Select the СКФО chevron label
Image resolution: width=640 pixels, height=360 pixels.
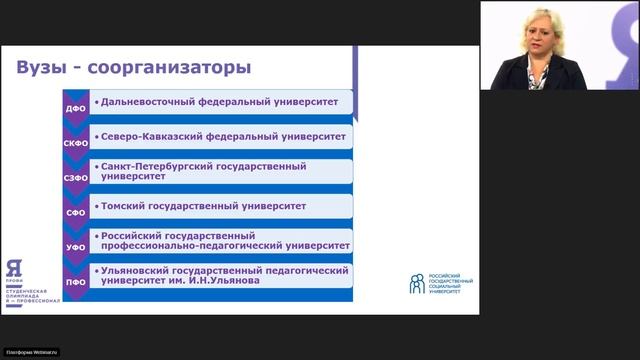[75, 142]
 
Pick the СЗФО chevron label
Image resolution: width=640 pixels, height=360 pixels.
[75, 177]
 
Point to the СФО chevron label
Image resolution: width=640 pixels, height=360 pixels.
[75, 213]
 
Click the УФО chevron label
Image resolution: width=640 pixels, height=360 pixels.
[75, 248]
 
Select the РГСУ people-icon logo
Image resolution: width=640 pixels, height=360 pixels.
[416, 283]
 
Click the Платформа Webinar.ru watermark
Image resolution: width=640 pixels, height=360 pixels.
[32, 352]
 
